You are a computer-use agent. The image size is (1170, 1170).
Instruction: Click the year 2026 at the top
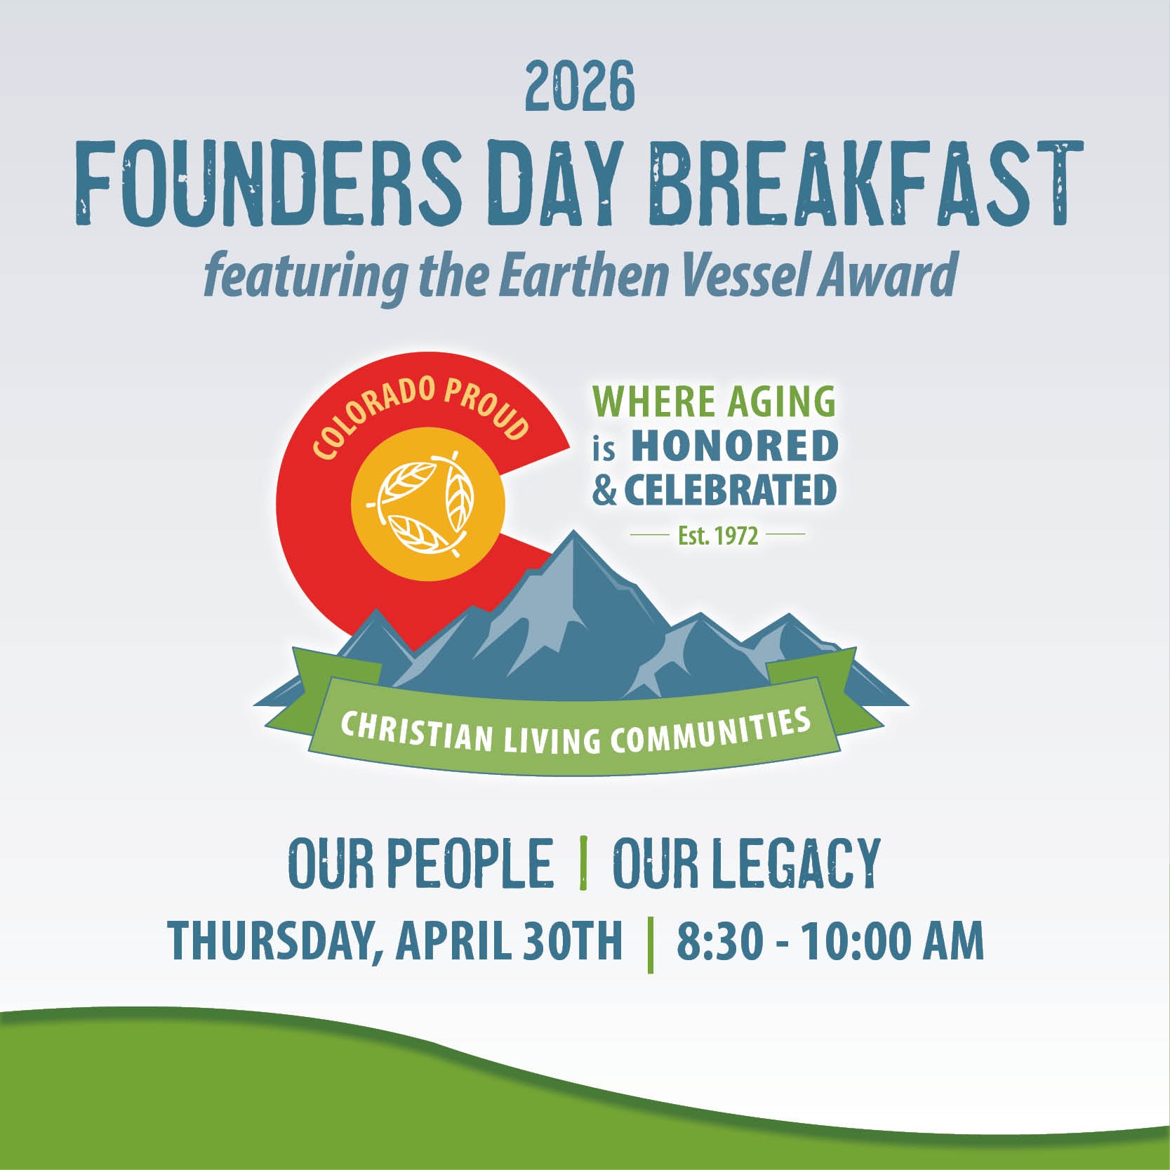(x=580, y=87)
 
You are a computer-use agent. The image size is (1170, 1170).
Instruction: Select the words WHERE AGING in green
(x=714, y=403)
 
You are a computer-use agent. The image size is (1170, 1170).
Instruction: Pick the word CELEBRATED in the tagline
(x=730, y=490)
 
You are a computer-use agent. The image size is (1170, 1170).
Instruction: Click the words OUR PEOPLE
(x=420, y=863)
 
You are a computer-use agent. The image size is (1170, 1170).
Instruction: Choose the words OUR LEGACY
(x=746, y=863)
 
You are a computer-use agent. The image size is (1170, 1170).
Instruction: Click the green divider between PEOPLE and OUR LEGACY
(x=583, y=863)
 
